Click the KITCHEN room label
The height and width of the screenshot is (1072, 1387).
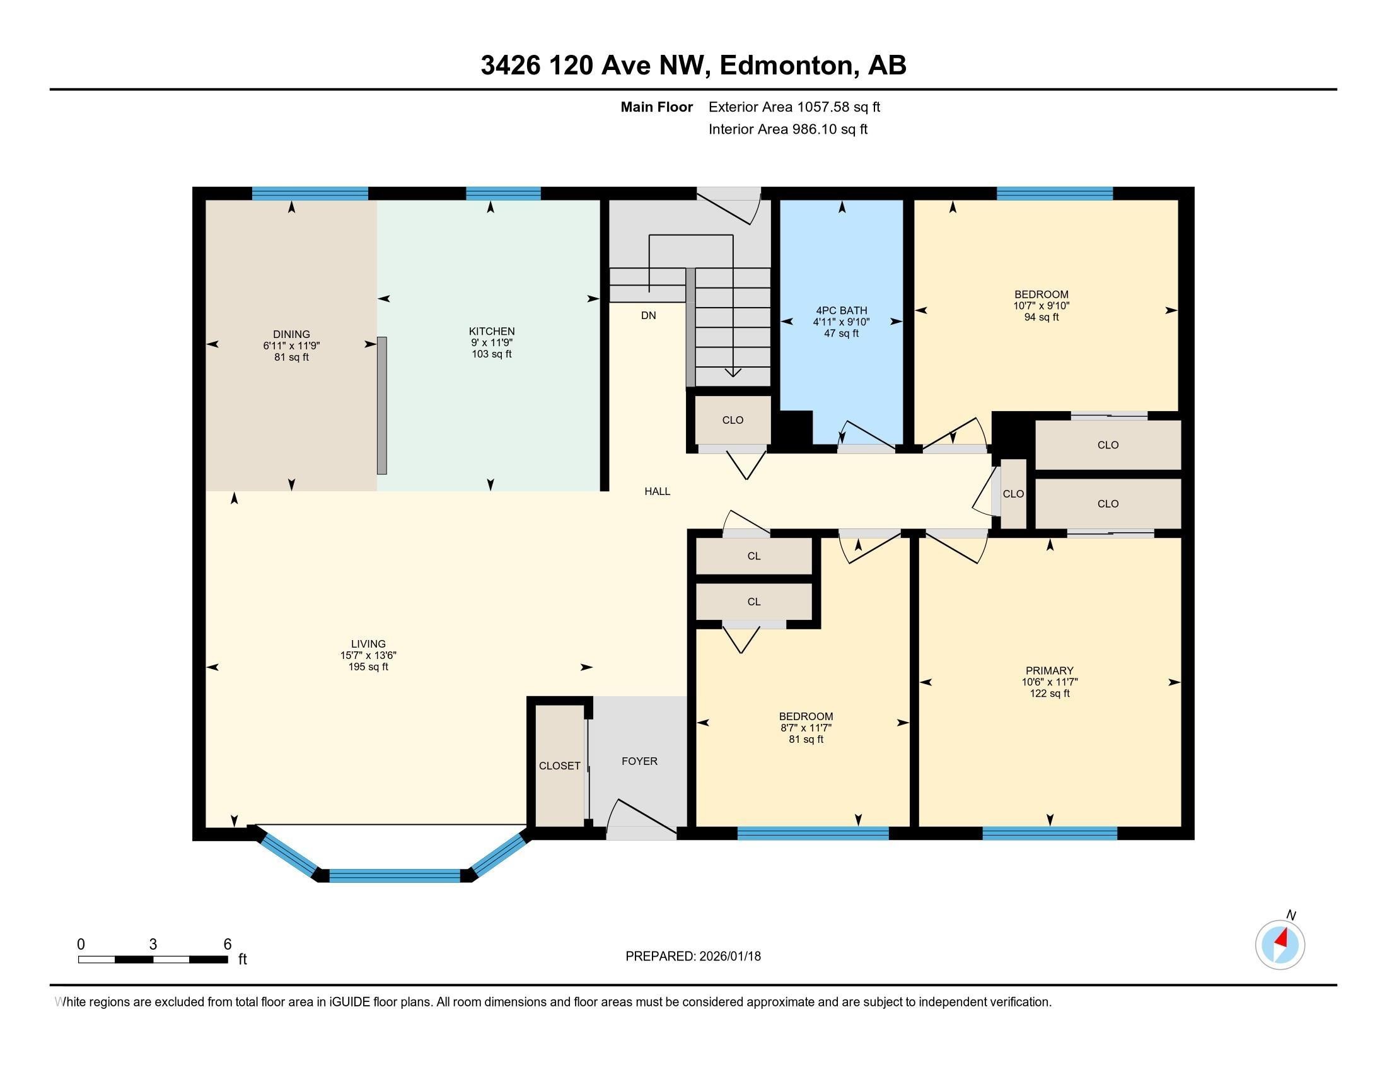tap(492, 331)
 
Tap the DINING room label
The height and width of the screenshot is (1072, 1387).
tap(291, 334)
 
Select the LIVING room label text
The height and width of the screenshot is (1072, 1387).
tap(368, 643)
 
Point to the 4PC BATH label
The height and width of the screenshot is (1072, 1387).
tap(842, 310)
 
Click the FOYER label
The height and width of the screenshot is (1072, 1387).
tap(639, 761)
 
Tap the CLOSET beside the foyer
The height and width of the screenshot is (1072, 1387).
tap(559, 766)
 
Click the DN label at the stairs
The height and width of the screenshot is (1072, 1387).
tap(648, 316)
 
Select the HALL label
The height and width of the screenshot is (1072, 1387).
tap(658, 491)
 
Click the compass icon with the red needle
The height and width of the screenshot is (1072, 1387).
tap(1280, 945)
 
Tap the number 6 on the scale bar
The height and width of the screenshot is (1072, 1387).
tap(228, 944)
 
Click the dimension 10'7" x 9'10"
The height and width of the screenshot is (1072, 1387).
tap(1042, 305)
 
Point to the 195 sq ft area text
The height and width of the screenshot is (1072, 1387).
tap(368, 667)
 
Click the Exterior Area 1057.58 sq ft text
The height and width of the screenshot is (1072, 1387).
tap(794, 107)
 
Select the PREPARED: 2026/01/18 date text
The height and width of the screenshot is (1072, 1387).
tap(693, 956)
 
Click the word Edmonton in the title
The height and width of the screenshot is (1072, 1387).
tap(786, 66)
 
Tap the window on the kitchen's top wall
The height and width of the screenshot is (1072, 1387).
tap(503, 193)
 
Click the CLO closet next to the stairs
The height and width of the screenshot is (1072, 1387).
tap(733, 420)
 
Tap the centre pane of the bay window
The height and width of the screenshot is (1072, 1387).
tap(395, 875)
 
